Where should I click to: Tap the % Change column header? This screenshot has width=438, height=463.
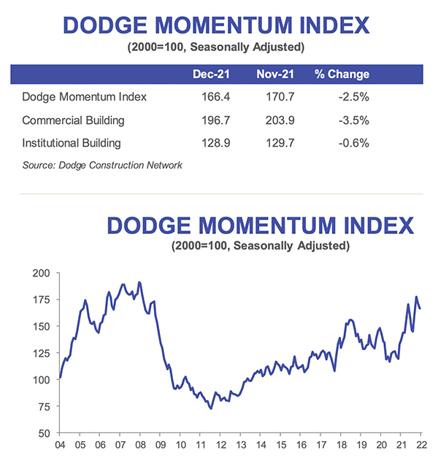pos(342,74)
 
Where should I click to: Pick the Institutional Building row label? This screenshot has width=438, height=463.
pos(72,143)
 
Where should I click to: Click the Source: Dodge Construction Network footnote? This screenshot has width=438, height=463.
pos(102,165)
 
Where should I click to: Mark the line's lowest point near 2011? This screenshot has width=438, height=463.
pos(211,408)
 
